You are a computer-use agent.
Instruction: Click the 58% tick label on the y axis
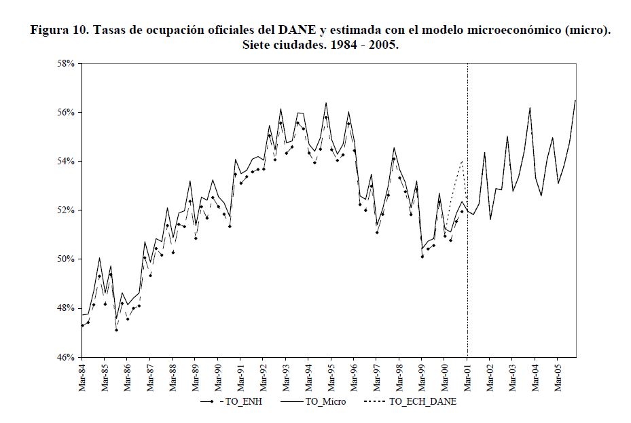coord(67,63)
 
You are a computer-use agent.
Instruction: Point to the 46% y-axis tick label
coord(67,357)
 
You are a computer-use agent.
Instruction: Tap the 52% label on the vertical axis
coord(67,210)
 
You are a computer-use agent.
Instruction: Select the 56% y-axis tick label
coord(67,112)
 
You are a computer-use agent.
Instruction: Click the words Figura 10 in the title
coord(60,31)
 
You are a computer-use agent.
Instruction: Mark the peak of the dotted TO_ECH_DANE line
coord(463,162)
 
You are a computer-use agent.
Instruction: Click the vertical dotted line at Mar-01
coord(467,272)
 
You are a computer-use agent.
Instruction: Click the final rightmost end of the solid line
coord(575,100)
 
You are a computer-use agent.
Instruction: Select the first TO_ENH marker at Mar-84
coord(82,326)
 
